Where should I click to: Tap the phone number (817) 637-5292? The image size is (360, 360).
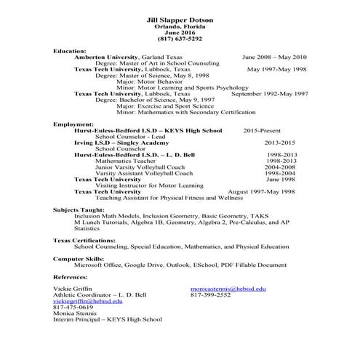(x=180, y=39)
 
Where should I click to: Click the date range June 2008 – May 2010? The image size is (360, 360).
(x=274, y=57)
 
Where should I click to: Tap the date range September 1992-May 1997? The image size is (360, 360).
(x=269, y=94)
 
